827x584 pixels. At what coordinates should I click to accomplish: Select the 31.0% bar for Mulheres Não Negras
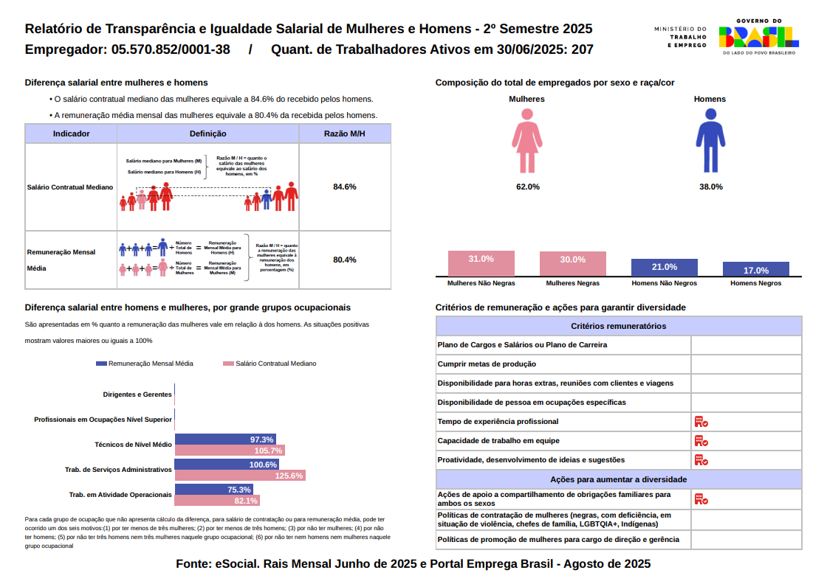[481, 264]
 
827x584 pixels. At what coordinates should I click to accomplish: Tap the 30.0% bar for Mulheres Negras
[572, 264]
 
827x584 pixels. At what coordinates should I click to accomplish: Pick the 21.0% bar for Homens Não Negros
[664, 268]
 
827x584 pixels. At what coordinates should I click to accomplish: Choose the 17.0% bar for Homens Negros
[755, 270]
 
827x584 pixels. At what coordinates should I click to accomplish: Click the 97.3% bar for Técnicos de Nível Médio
[225, 439]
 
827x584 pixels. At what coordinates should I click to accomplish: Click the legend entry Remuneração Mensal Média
[145, 364]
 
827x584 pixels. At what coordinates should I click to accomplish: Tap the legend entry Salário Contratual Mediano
[270, 364]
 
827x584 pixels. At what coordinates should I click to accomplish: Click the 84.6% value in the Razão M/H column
[345, 187]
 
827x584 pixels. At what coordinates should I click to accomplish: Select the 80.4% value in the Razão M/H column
[345, 260]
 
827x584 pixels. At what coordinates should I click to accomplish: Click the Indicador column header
[72, 134]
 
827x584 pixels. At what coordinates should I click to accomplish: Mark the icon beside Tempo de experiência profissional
[701, 422]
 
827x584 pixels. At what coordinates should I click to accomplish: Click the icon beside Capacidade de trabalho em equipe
[701, 441]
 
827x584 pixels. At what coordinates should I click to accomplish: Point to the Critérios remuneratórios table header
[619, 326]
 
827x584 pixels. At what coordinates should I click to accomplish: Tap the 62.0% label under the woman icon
[527, 187]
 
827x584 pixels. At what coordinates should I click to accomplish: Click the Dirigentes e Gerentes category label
[137, 394]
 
